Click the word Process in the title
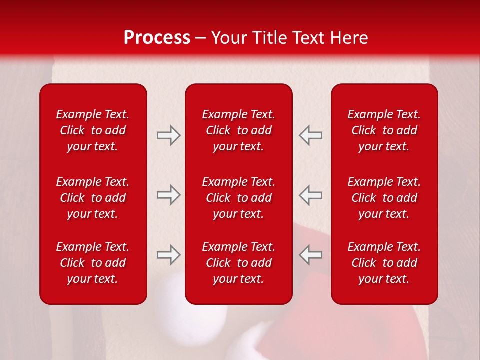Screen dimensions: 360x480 [157, 38]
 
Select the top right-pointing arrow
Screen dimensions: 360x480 [168, 135]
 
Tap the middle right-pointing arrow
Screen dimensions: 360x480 [168, 195]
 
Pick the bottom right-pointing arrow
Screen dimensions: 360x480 [168, 255]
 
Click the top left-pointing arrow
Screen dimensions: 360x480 [310, 135]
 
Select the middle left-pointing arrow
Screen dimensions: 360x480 [310, 195]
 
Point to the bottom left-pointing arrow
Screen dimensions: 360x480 [310, 255]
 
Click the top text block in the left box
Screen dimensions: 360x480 [93, 130]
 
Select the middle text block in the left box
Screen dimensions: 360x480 [93, 198]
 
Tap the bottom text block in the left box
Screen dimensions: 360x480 [93, 263]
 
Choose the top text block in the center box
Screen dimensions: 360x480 [238, 130]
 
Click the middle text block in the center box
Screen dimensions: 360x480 [238, 198]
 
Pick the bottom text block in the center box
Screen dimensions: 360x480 [238, 263]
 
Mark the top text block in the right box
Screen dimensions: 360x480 [384, 130]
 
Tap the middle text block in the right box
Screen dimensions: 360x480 [384, 198]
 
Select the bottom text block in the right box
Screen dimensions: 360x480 [384, 263]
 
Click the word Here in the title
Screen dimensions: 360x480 [348, 38]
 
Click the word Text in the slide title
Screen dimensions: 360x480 [309, 38]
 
